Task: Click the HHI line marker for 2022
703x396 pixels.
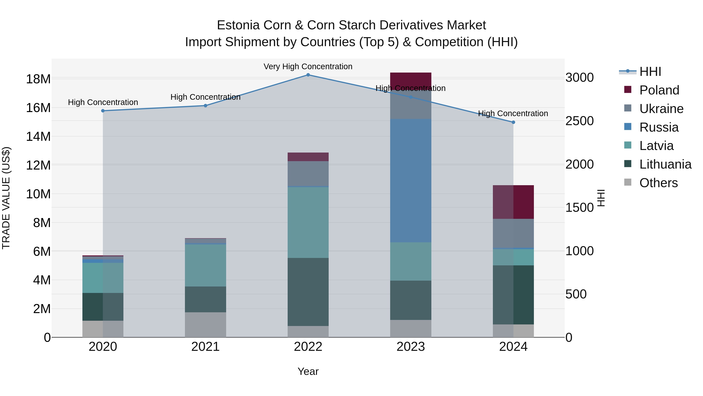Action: click(x=308, y=75)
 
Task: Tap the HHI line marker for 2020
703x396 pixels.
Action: click(x=103, y=111)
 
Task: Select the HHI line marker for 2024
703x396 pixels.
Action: click(x=513, y=122)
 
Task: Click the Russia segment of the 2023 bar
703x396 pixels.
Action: click(x=411, y=180)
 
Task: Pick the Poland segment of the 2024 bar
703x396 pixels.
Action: click(x=513, y=202)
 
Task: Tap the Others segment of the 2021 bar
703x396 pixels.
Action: click(x=205, y=325)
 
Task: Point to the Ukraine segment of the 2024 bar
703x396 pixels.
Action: click(x=513, y=233)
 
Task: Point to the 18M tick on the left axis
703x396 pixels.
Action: click(x=38, y=79)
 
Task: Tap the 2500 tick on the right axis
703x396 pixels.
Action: click(x=579, y=121)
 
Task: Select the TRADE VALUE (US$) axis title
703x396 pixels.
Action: click(x=6, y=198)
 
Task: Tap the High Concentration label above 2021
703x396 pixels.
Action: click(x=205, y=97)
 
